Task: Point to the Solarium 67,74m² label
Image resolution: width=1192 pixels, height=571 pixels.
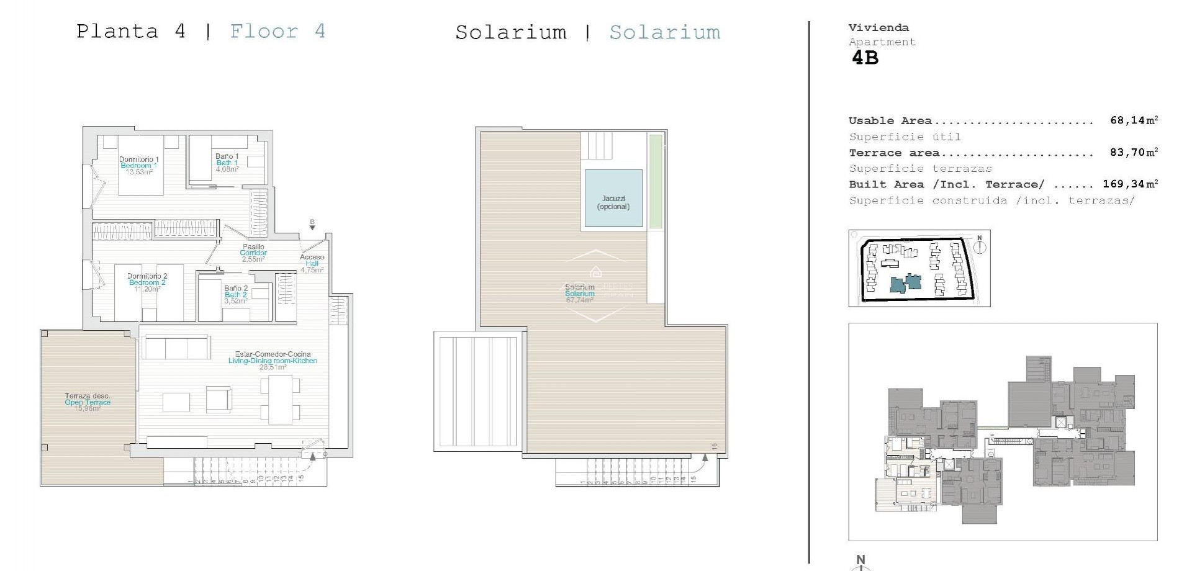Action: coord(580,294)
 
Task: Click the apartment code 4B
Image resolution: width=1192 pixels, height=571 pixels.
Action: coord(865,58)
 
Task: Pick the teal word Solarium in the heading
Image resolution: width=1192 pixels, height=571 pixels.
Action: coord(664,32)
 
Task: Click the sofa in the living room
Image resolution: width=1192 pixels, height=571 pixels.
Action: coord(176,347)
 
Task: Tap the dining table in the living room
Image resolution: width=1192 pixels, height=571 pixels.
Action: coord(280,401)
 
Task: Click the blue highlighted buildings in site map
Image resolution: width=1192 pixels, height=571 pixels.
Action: coord(906,283)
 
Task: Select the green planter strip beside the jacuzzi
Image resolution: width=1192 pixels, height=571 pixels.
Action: coord(655,181)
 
